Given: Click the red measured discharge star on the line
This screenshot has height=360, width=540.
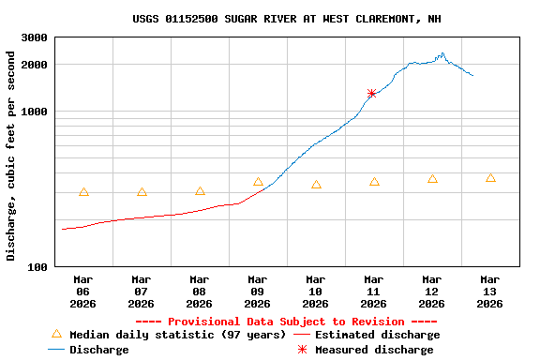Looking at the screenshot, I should click(372, 94).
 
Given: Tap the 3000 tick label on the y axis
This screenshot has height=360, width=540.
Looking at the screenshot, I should click(35, 38).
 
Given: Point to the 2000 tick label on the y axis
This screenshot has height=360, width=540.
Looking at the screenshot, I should click(35, 65).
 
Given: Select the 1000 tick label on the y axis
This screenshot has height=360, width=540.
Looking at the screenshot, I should click(35, 112).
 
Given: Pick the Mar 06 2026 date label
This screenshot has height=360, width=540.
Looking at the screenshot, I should click(83, 292).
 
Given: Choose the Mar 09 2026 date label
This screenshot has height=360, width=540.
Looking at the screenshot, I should click(258, 292).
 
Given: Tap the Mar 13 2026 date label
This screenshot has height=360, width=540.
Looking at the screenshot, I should click(490, 292).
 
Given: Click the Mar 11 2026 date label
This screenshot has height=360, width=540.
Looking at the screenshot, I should click(374, 292).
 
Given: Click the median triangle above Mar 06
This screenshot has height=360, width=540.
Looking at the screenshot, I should click(83, 192).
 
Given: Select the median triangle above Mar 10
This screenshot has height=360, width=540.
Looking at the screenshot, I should click(316, 185).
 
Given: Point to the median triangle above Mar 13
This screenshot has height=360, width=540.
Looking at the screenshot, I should click(490, 178).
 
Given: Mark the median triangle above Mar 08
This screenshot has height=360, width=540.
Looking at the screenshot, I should click(200, 191).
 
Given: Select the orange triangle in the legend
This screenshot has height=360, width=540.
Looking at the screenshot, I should click(56, 334).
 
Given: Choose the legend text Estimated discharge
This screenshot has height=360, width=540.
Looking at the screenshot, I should click(377, 335).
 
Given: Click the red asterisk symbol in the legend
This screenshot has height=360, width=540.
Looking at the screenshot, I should click(302, 350).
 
